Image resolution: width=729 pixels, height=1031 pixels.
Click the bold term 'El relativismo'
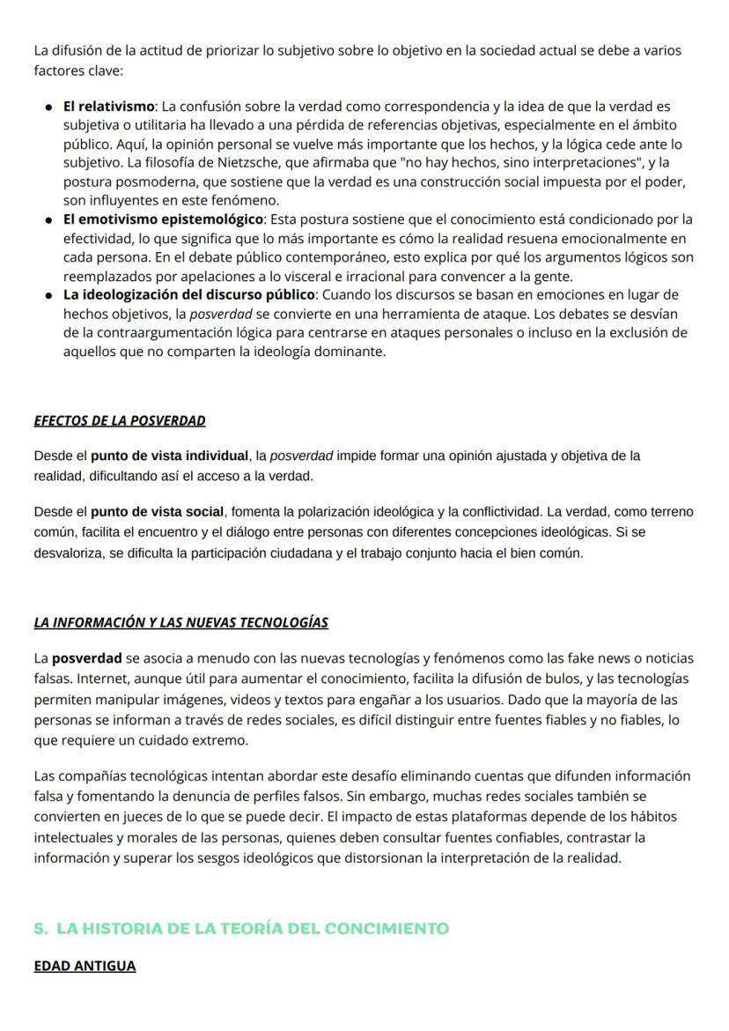pos(108,107)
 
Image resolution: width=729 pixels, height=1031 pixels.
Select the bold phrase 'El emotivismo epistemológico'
pos(163,219)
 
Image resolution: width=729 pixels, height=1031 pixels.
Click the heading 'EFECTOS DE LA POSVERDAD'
pos(120,420)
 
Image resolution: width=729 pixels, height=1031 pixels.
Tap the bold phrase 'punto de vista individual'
pos(170,456)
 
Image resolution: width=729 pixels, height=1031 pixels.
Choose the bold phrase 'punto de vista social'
pos(158,512)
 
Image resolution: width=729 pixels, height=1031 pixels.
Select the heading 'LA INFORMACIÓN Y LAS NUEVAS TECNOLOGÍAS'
pos(180,623)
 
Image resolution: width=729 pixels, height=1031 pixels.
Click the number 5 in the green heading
pos(39,928)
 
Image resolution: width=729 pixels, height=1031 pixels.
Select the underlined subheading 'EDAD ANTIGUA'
pos(85,966)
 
